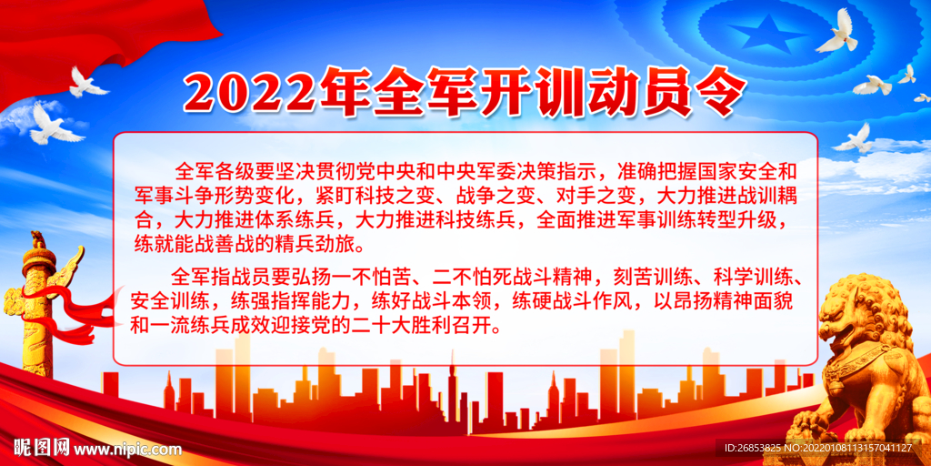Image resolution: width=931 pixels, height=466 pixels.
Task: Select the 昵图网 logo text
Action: click(x=40, y=448)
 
